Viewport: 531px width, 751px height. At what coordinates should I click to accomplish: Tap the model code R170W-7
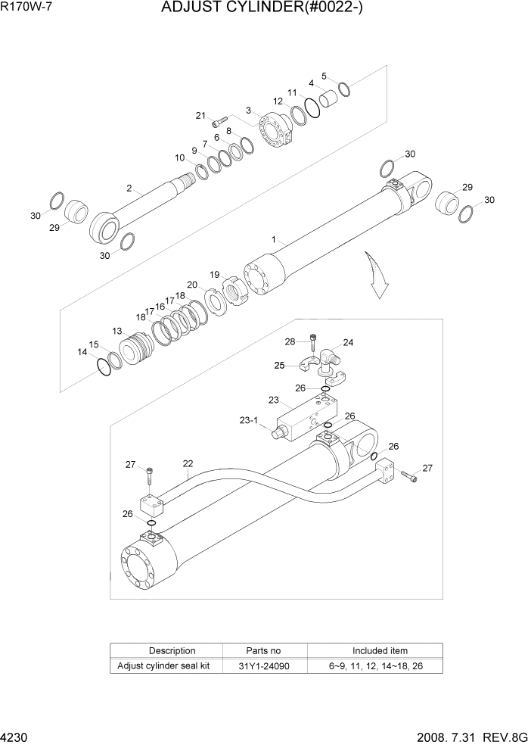point(28,9)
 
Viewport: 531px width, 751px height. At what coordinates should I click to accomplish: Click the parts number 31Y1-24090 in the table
point(264,666)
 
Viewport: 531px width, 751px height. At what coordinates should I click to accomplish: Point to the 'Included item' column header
point(380,650)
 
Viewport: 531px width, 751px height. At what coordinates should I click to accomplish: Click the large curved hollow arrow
point(376,276)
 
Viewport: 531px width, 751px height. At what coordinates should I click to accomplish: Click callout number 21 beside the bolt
point(200,116)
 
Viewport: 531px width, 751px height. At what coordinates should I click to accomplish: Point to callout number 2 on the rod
point(129,188)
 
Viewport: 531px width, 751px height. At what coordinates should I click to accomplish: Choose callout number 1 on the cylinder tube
point(273,238)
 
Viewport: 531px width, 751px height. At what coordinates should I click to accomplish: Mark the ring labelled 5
point(344,89)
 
